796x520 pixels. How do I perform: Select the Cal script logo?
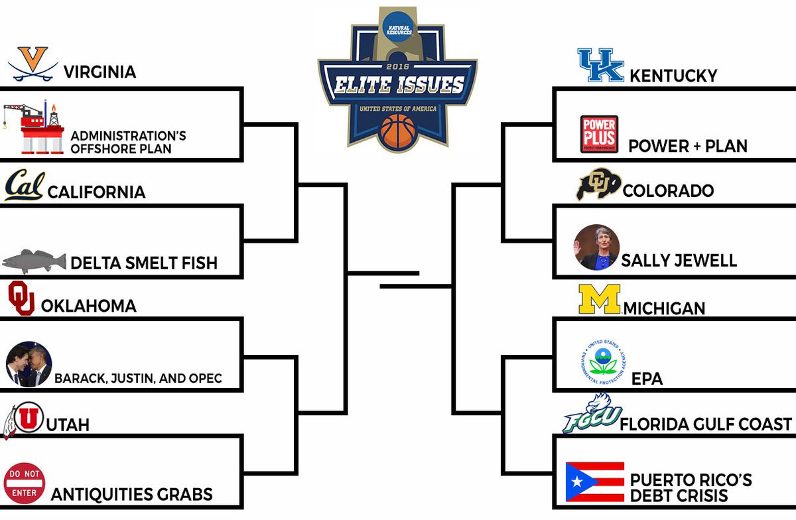(25, 186)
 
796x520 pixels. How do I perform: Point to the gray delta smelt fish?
(34, 261)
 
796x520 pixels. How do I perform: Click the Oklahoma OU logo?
(21, 298)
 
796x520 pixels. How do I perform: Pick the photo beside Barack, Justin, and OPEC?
(29, 364)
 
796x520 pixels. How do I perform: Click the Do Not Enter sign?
(25, 483)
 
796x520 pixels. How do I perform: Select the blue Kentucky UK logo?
(601, 65)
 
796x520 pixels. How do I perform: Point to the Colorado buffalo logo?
(598, 185)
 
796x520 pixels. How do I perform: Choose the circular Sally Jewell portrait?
(596, 247)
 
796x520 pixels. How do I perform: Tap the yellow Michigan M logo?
(599, 299)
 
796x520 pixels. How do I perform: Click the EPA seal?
(604, 362)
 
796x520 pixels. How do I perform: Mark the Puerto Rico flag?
(594, 482)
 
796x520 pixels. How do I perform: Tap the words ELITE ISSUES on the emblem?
(398, 86)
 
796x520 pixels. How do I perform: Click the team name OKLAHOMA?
(88, 306)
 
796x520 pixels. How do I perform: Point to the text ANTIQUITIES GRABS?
(131, 494)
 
